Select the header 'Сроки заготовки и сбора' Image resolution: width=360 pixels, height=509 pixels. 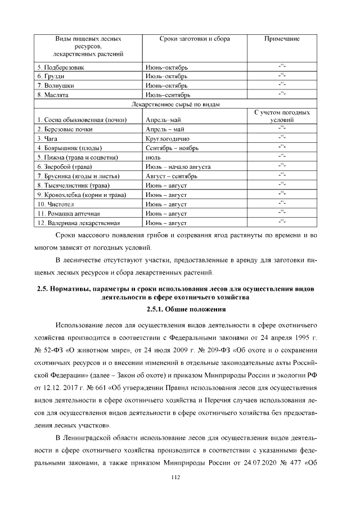point(187,39)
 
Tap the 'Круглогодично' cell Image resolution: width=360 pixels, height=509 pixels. point(168,138)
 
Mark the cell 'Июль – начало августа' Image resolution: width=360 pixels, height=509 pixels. point(178,167)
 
